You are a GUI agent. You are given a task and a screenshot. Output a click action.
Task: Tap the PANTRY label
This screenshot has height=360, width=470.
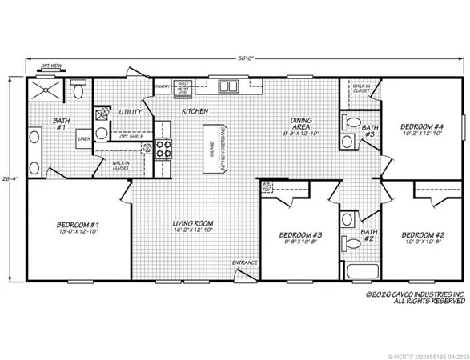(163, 84)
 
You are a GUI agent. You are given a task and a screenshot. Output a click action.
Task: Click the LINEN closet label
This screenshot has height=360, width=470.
(84, 138)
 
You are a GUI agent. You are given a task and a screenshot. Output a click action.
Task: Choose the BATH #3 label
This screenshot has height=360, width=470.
(370, 131)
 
